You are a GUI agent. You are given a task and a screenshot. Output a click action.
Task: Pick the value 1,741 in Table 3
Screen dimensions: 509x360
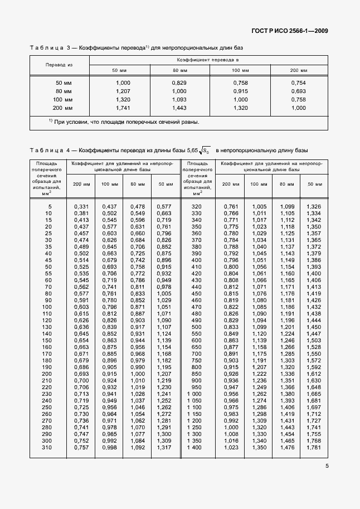[123, 107]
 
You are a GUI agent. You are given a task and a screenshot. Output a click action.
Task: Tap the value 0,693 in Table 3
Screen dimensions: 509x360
[299, 90]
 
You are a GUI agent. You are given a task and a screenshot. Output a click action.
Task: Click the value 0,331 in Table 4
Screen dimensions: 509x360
[81, 207]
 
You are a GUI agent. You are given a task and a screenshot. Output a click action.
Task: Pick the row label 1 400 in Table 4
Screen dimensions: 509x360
[194, 447]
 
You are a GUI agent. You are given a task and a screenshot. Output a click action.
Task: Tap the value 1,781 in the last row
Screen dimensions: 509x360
[314, 447]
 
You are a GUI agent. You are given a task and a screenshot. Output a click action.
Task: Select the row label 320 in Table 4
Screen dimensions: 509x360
[196, 207]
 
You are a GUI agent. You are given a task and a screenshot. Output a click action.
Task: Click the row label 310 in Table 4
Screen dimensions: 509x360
[46, 447]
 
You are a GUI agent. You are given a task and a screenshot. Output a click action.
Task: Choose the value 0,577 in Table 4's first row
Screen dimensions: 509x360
[163, 207]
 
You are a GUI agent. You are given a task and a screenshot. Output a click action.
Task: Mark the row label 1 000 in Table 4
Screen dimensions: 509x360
[194, 394]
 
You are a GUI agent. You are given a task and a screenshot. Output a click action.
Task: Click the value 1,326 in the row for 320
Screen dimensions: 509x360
[314, 207]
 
